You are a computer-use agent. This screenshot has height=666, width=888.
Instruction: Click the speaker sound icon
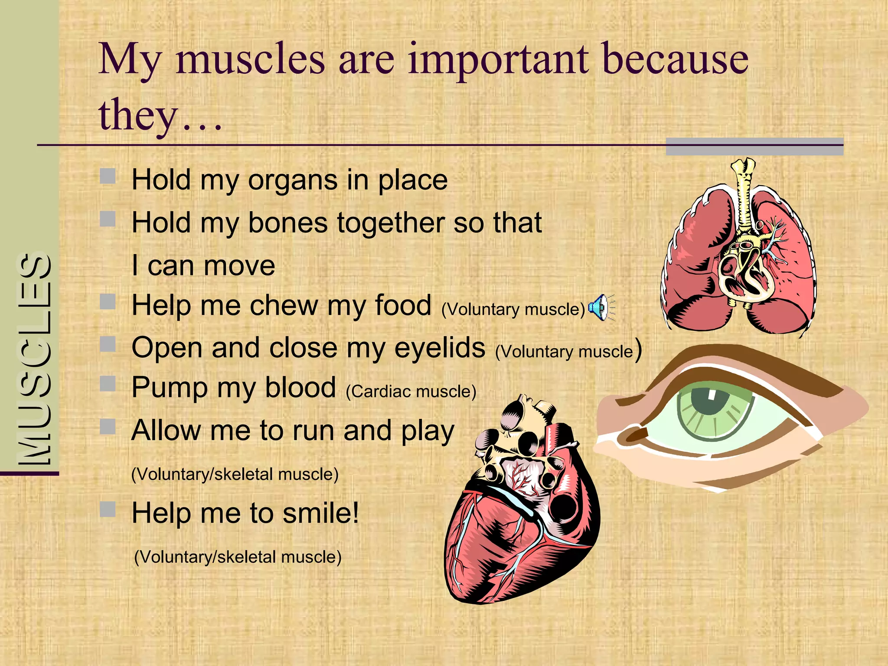601,307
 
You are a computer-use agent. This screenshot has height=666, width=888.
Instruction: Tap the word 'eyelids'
440,348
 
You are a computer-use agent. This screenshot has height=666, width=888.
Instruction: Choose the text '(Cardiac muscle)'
411,392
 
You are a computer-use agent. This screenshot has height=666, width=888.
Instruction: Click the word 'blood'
300,387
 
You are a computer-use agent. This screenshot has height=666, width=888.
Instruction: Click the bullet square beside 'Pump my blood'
108,384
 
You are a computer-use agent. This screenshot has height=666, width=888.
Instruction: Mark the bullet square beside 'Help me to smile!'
108,509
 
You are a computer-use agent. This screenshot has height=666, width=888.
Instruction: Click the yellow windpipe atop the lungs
744,195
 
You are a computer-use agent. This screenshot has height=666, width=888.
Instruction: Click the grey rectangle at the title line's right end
754,147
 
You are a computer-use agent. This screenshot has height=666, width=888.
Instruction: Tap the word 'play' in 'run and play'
428,432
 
